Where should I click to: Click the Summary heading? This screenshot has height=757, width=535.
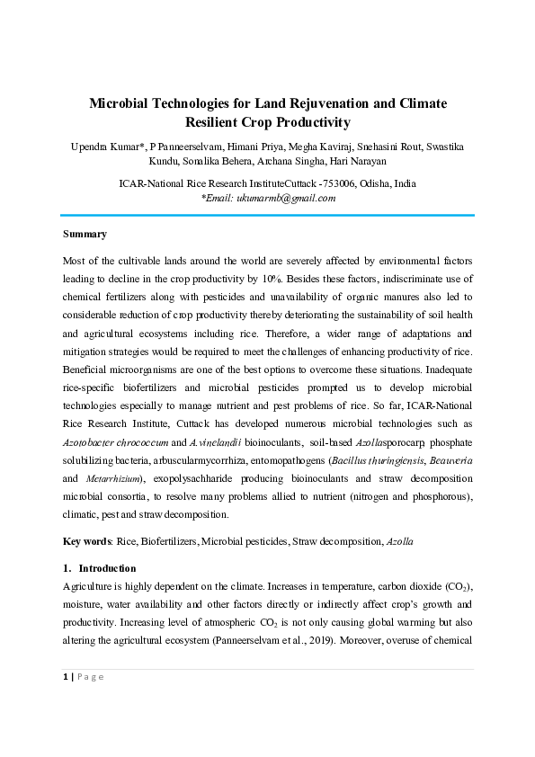click(x=85, y=234)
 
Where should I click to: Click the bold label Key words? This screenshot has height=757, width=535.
click(x=85, y=542)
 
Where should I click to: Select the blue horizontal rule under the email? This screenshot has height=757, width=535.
click(x=267, y=215)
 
